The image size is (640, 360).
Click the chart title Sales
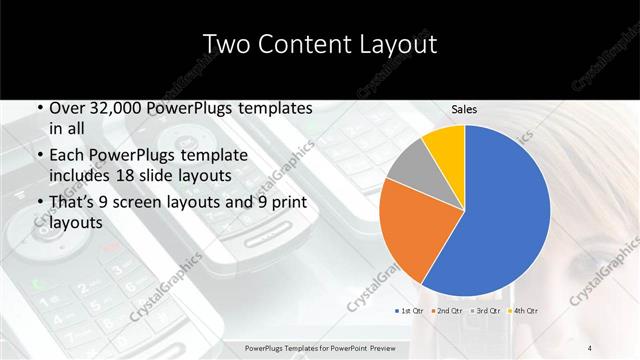(464, 109)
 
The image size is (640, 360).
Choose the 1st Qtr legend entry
(412, 311)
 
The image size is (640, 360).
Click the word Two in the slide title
(225, 43)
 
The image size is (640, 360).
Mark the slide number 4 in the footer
(590, 348)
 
